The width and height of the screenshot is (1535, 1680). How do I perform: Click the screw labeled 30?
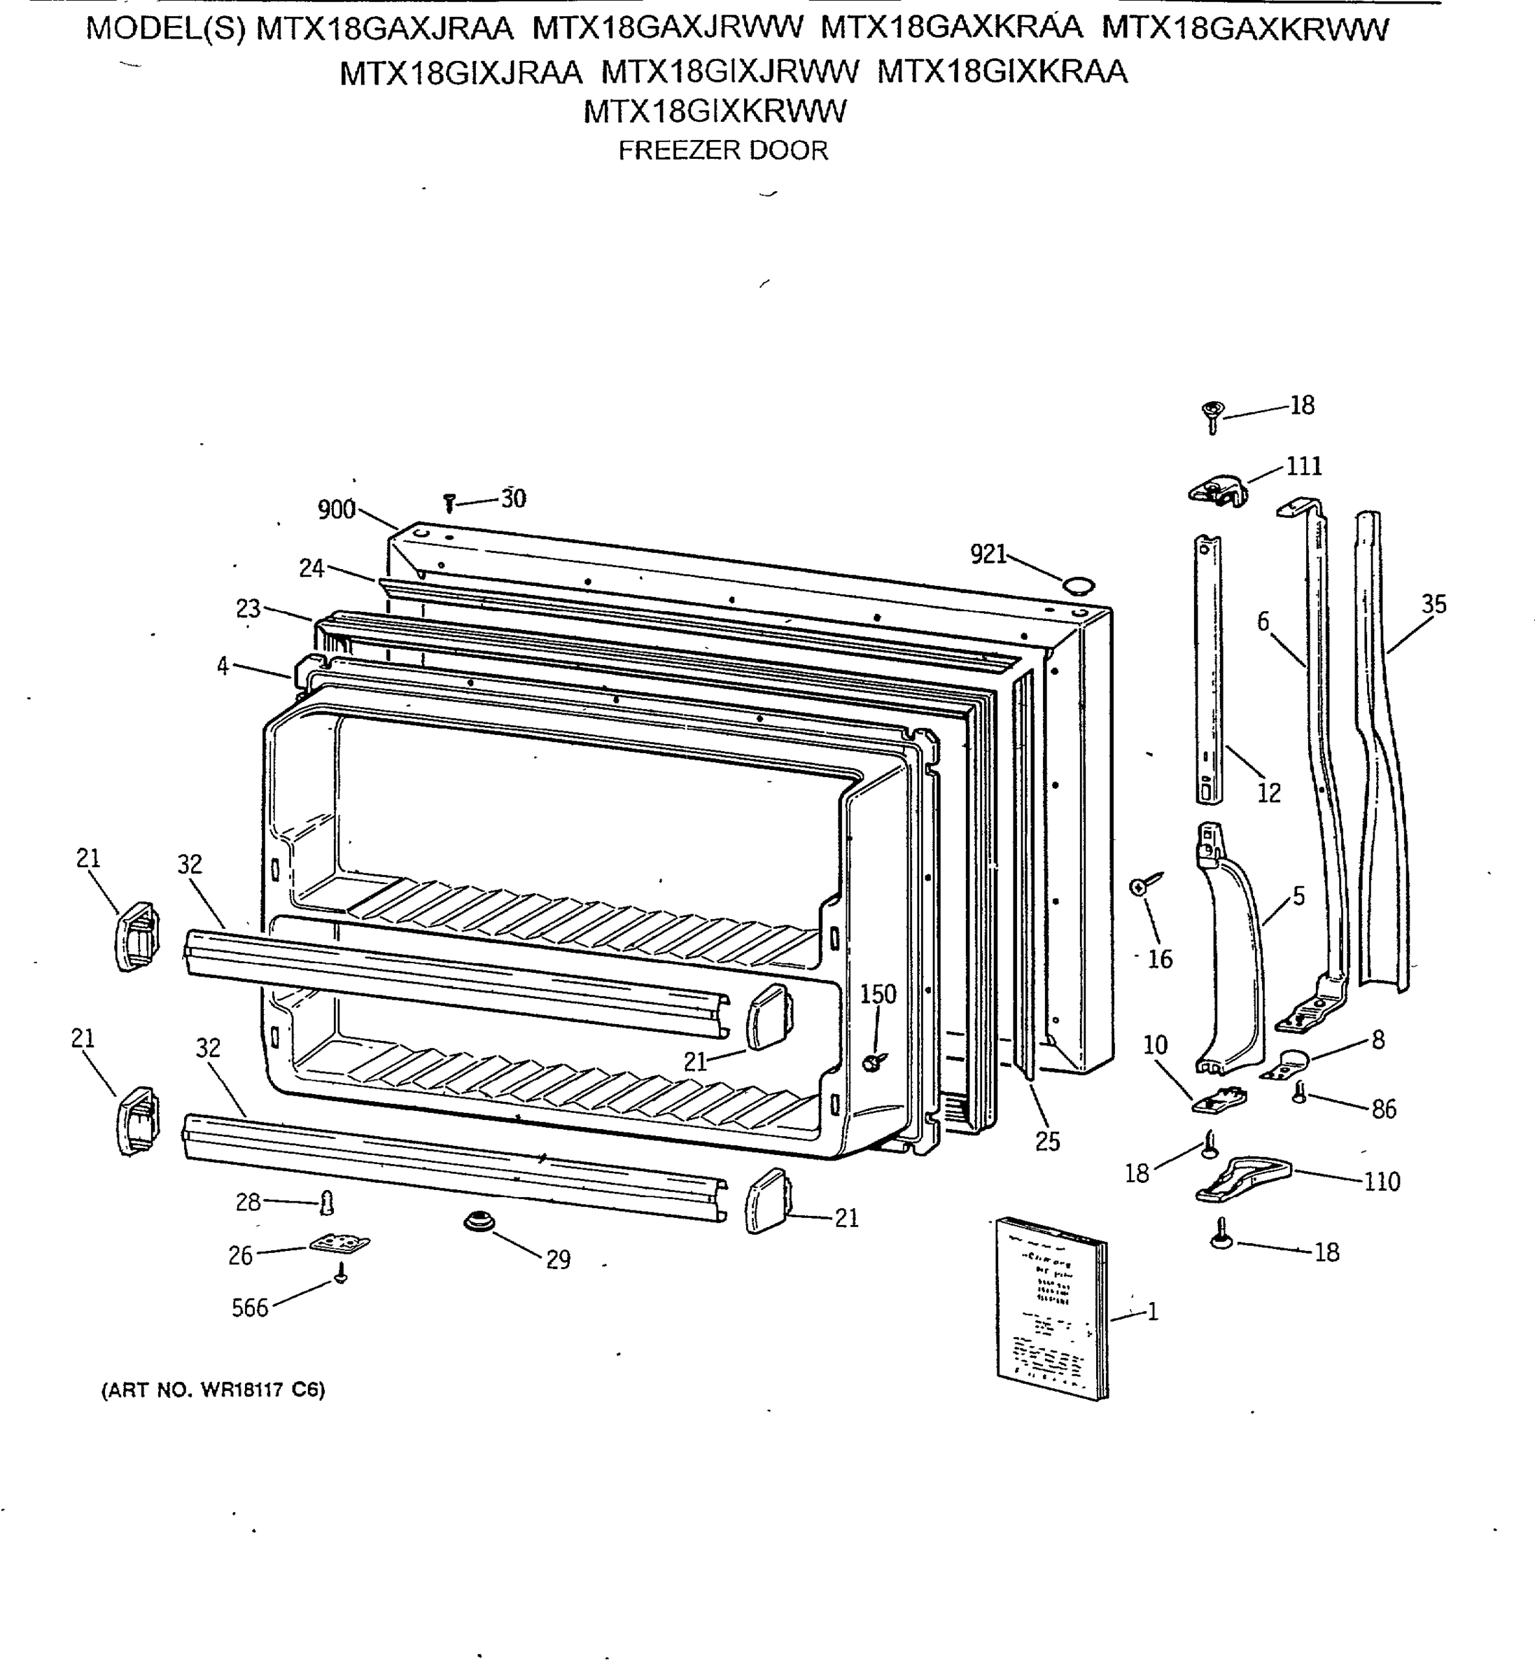(449, 503)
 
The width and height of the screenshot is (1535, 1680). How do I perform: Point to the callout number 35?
(1434, 604)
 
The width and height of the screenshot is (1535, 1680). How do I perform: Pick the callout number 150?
(878, 994)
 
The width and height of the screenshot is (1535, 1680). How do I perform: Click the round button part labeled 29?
(479, 1222)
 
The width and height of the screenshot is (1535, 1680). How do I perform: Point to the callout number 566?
(250, 1308)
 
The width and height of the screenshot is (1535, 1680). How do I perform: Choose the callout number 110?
(1382, 1181)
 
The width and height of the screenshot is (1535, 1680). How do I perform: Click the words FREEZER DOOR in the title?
(722, 150)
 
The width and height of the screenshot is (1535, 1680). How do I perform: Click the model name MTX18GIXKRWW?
(714, 111)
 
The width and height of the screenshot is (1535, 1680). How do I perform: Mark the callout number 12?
(1268, 792)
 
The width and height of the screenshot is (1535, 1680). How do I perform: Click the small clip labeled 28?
(328, 1203)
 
